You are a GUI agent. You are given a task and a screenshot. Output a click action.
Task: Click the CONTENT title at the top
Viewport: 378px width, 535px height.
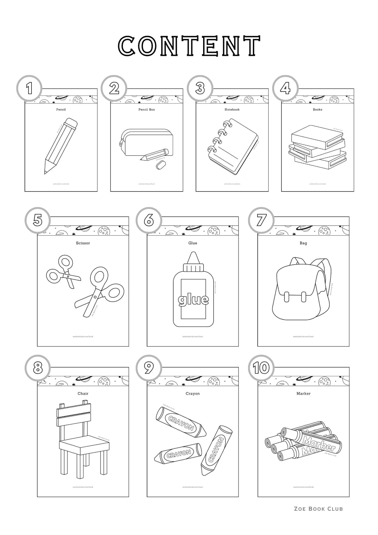click(189, 46)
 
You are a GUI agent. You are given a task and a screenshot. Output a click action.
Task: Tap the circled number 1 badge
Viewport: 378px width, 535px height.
click(29, 88)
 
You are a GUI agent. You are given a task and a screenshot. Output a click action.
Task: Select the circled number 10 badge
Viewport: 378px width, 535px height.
click(261, 368)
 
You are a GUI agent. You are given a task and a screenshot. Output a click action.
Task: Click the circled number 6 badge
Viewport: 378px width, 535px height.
click(149, 220)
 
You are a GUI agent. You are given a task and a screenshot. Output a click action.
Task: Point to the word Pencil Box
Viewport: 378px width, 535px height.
click(146, 109)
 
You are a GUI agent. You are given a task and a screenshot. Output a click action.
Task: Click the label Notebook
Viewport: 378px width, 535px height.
click(232, 109)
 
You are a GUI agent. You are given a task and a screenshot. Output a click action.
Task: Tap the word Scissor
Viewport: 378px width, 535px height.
click(83, 243)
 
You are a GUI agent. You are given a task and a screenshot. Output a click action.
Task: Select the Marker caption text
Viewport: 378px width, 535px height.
click(303, 393)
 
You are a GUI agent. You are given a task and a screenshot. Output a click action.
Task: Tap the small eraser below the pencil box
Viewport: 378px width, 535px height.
click(161, 164)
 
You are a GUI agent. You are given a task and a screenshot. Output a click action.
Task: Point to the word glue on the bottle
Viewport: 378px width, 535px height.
click(193, 299)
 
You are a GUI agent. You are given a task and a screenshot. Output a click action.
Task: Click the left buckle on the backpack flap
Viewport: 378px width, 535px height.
click(286, 297)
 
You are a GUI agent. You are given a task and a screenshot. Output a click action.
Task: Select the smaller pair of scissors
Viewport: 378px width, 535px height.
click(63, 271)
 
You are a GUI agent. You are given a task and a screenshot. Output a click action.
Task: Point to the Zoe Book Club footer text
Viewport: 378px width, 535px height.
click(318, 509)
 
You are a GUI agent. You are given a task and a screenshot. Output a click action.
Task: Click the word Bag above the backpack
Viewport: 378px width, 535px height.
click(303, 243)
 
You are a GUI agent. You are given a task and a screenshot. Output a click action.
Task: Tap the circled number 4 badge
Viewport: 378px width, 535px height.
click(285, 88)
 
